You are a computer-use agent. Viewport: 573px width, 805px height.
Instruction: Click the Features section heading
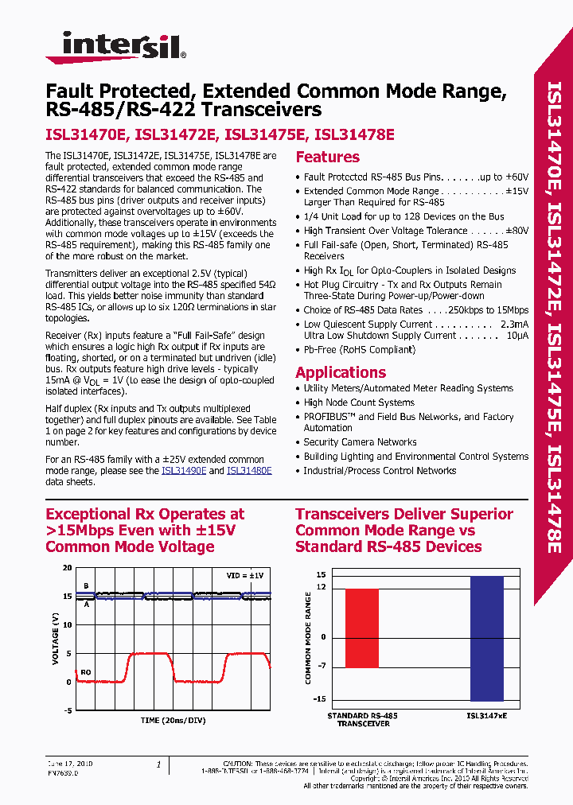(x=327, y=157)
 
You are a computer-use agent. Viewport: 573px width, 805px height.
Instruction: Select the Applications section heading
(x=341, y=372)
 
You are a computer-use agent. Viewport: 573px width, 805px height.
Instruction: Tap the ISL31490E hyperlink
(x=184, y=471)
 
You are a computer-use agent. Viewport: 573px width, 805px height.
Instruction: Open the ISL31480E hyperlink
(x=249, y=471)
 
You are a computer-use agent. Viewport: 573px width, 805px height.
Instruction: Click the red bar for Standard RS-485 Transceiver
(x=362, y=628)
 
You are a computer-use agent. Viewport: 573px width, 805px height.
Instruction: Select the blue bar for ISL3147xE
(x=486, y=638)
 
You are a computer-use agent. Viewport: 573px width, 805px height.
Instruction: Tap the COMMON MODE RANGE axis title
(x=309, y=638)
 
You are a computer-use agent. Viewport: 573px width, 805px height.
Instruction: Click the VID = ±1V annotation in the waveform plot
(x=244, y=574)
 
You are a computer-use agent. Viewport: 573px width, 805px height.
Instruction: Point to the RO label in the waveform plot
(x=86, y=672)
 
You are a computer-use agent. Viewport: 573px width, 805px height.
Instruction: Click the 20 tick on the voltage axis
(x=67, y=568)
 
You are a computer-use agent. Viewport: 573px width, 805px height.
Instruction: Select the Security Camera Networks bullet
(x=360, y=442)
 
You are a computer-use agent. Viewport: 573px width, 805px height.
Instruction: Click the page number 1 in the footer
(x=158, y=764)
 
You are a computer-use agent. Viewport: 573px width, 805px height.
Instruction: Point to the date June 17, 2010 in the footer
(x=69, y=764)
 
